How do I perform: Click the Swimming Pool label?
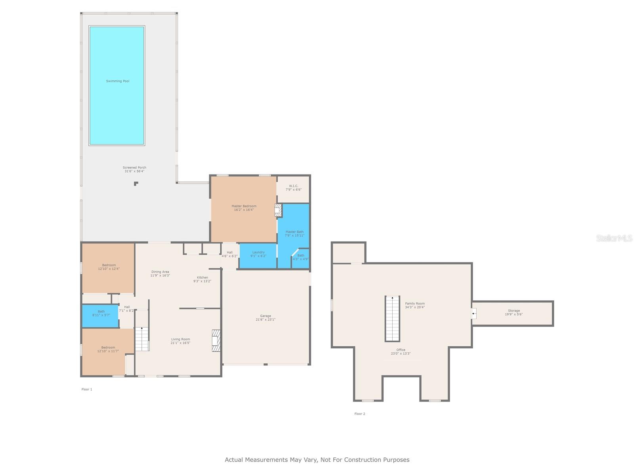(x=118, y=81)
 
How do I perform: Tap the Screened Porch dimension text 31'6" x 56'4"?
(x=134, y=171)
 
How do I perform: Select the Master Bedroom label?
(x=244, y=206)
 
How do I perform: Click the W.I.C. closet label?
(x=293, y=186)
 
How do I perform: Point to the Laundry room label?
(x=258, y=252)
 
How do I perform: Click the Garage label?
(x=265, y=316)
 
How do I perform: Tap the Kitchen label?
(x=202, y=278)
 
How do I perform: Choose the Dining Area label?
(x=160, y=272)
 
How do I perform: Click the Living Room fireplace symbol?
(x=216, y=340)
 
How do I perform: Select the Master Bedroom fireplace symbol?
(x=278, y=210)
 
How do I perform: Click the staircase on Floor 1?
(x=142, y=339)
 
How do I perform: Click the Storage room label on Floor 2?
(x=514, y=311)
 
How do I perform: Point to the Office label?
(x=401, y=350)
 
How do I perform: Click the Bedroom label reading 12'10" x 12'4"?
(x=109, y=265)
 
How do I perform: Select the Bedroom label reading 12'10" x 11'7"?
(x=108, y=347)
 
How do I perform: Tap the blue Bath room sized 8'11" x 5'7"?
(x=100, y=316)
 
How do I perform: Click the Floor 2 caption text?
(x=359, y=414)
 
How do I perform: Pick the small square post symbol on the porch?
(x=136, y=183)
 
